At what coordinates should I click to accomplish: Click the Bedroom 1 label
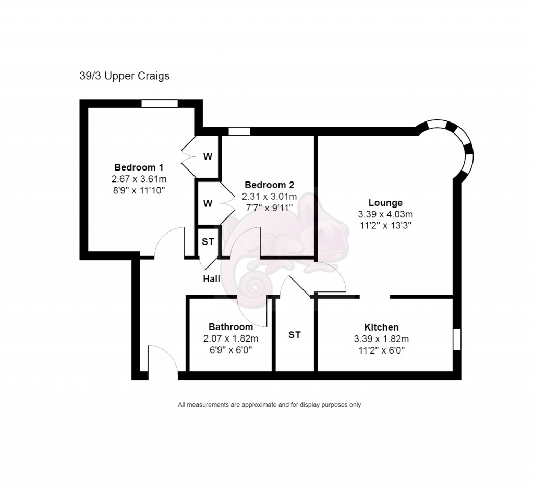(139, 167)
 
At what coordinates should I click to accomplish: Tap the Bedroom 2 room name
(270, 185)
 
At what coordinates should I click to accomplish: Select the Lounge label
(385, 203)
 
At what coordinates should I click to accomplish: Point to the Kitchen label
(381, 327)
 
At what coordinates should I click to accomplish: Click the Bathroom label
(231, 327)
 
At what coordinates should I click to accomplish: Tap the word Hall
(212, 279)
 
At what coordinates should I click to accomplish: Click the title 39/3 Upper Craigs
(125, 76)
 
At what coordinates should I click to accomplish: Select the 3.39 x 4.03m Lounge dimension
(385, 214)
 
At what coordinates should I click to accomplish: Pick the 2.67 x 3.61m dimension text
(139, 179)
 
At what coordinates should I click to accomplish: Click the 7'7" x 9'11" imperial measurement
(270, 208)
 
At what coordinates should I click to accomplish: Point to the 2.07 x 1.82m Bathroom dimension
(231, 338)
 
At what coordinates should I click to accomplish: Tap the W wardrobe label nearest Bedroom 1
(208, 156)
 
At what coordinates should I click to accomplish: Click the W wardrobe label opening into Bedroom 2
(208, 204)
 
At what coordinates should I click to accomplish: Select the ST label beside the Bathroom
(295, 335)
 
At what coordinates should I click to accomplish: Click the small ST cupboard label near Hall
(208, 242)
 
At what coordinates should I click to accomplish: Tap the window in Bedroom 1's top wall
(160, 104)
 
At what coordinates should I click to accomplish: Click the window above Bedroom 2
(239, 131)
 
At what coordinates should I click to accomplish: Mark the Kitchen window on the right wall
(457, 339)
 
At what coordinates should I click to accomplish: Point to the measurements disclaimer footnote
(270, 405)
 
